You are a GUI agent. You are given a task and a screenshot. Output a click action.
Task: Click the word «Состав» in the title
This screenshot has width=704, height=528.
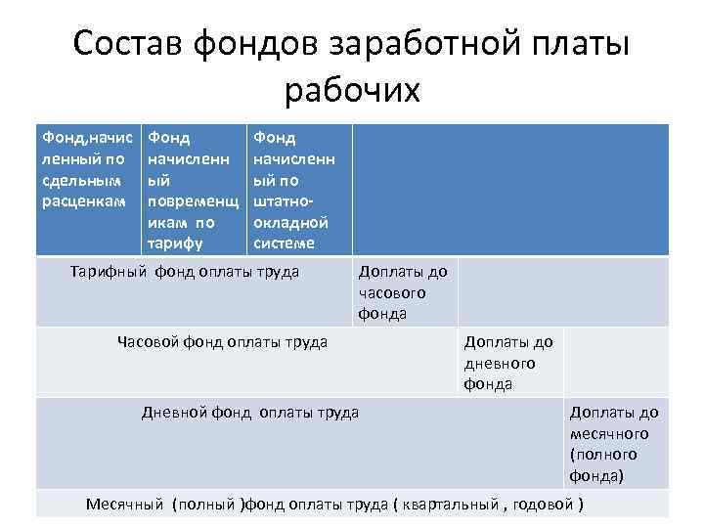[130, 45]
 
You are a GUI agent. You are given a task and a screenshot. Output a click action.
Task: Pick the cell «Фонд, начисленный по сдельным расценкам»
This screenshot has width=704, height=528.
[88, 170]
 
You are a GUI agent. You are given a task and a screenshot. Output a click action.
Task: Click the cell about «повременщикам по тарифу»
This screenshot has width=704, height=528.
[193, 191]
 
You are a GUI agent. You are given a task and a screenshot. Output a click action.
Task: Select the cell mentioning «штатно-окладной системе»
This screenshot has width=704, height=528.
[297, 191]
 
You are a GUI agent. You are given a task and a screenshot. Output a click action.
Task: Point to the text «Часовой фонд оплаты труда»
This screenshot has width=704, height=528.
[223, 341]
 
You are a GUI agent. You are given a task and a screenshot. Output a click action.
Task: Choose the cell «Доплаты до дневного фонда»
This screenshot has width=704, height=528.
[508, 362]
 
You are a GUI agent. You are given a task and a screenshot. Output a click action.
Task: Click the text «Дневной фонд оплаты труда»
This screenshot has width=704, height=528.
[251, 412]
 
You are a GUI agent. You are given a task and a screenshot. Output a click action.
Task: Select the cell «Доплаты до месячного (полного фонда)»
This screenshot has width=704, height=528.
[614, 444]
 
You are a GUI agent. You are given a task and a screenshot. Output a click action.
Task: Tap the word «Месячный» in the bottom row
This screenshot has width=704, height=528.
[125, 505]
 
